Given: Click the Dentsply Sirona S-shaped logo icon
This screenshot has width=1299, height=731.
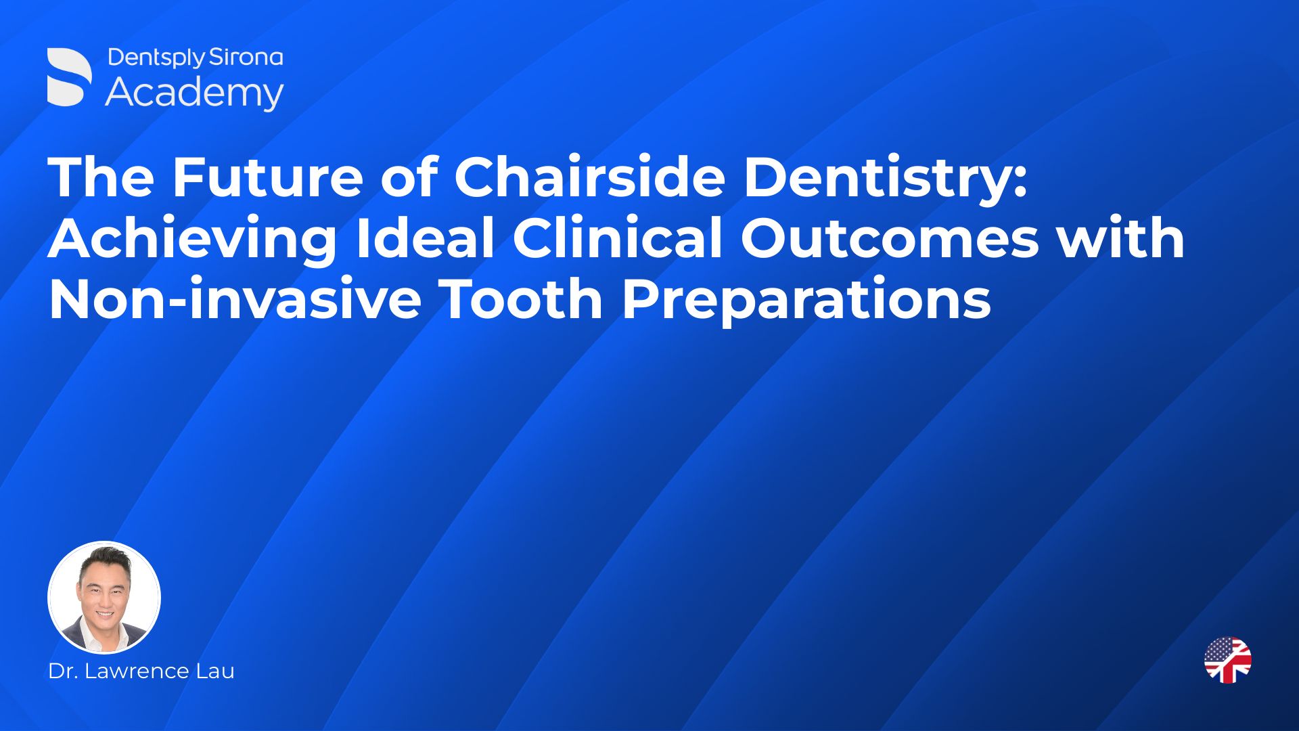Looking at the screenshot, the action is pyautogui.click(x=70, y=77).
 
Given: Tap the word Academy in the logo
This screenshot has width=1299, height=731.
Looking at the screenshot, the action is pyautogui.click(x=195, y=93).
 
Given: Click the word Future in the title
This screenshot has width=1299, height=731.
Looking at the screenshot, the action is pyautogui.click(x=267, y=177).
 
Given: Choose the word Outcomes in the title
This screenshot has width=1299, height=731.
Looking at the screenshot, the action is pyautogui.click(x=890, y=238).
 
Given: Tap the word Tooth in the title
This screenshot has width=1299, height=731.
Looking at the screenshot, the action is pyautogui.click(x=522, y=299).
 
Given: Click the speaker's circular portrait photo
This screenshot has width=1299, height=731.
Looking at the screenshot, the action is pyautogui.click(x=104, y=597).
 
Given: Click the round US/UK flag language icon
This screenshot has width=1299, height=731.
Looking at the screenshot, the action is pyautogui.click(x=1228, y=659).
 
